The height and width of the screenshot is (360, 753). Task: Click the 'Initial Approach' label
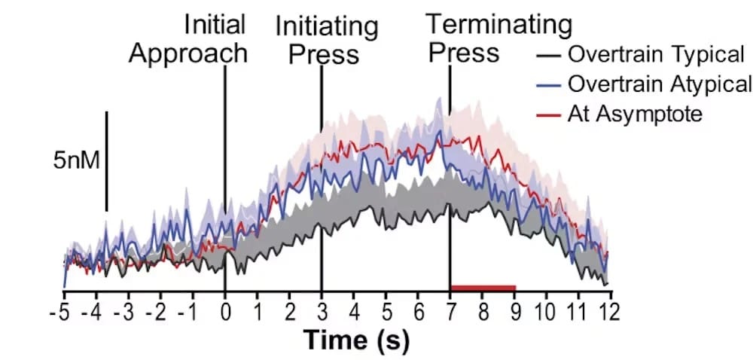coord(188,38)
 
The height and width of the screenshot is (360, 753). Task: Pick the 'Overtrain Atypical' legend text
coord(660,83)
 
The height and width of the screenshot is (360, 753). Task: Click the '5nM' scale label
coord(77,160)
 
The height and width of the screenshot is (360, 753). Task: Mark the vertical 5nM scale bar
coord(107,161)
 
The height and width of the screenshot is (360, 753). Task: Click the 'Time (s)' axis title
coord(357,340)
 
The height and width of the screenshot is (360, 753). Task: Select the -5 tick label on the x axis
coord(59,311)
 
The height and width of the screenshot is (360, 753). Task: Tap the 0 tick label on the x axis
coord(225,311)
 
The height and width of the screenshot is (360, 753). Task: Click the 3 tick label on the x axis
coord(322,311)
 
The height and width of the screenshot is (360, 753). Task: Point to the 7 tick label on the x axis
coord(450,311)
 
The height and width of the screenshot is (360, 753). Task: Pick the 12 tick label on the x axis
coord(606,311)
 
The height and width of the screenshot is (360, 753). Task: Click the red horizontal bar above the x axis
coord(483,287)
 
